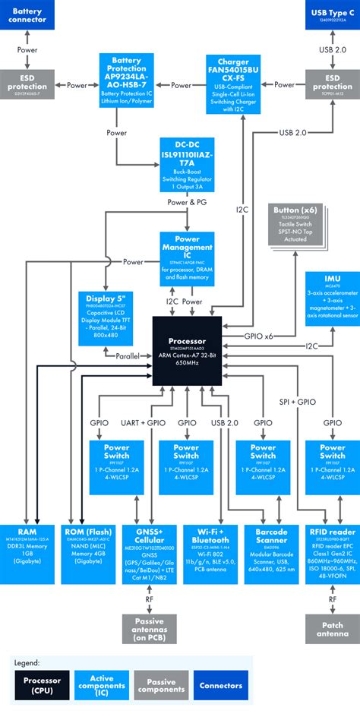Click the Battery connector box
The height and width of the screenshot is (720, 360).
pyautogui.click(x=27, y=15)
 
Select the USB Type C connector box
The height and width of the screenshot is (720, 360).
pyautogui.click(x=332, y=15)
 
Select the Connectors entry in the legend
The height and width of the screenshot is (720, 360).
pyautogui.click(x=219, y=687)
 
